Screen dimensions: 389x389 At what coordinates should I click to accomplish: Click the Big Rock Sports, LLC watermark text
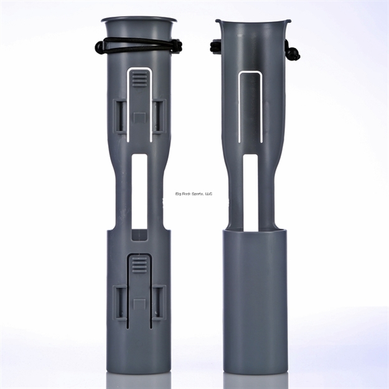[192, 194]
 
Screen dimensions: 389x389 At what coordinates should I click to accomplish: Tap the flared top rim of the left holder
[138, 20]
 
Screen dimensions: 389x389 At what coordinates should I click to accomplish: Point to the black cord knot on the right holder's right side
[291, 52]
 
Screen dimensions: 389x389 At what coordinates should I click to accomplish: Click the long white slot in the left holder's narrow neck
[139, 190]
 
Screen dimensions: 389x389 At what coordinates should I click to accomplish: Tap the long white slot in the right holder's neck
[250, 190]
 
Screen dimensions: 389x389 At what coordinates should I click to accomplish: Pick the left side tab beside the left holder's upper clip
[120, 116]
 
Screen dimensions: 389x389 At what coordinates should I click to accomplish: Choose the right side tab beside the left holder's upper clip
[158, 116]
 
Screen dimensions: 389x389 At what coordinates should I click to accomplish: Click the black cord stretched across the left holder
[138, 43]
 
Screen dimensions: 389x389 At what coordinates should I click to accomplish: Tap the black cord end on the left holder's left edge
[100, 47]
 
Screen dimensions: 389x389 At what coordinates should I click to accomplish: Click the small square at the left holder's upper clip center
[139, 116]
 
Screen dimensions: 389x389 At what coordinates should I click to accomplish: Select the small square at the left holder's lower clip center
[139, 303]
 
